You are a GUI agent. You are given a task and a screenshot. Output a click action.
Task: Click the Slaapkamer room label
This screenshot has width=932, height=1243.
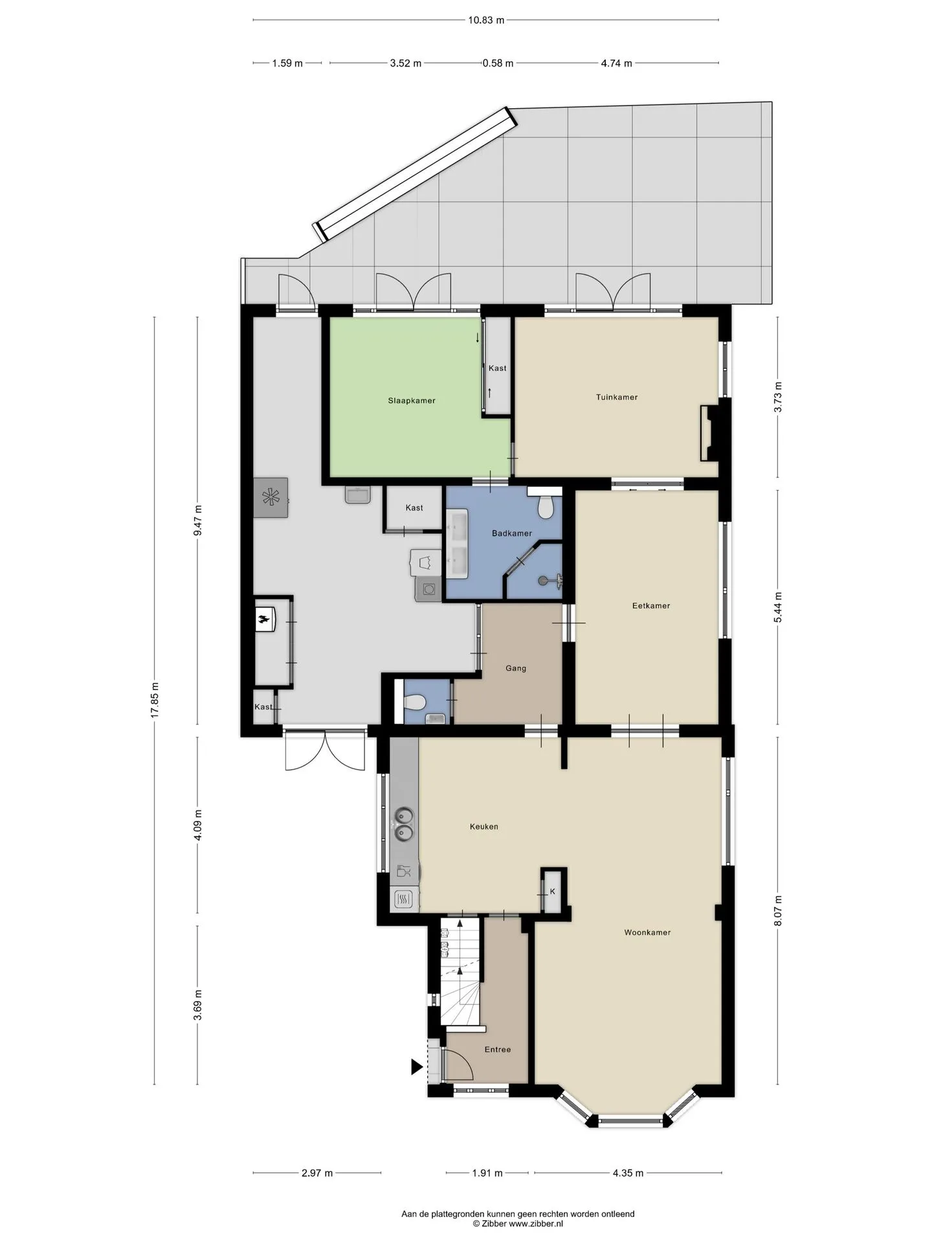(412, 401)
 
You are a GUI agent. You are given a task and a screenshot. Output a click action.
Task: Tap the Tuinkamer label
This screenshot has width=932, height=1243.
(617, 398)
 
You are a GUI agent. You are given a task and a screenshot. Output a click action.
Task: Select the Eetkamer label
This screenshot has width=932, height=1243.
(651, 606)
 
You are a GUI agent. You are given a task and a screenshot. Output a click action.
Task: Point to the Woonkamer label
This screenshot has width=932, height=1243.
(647, 933)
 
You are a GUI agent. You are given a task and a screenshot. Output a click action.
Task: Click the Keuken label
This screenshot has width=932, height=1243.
(484, 827)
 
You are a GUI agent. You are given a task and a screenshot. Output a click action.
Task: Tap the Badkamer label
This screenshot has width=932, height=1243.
(512, 533)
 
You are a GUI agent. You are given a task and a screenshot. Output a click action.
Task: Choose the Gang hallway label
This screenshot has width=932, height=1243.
(516, 668)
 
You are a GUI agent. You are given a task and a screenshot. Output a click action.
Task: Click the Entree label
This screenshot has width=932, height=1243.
(498, 1049)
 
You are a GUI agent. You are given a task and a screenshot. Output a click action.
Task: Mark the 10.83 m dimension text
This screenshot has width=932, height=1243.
(486, 20)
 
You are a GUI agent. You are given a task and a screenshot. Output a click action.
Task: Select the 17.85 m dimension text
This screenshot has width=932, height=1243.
(155, 700)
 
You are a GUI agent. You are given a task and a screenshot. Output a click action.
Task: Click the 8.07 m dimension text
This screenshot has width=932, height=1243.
(779, 910)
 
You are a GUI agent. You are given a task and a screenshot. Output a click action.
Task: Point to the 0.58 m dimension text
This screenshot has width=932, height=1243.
(498, 63)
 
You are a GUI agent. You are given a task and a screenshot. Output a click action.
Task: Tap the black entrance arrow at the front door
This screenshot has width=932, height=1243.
(417, 1066)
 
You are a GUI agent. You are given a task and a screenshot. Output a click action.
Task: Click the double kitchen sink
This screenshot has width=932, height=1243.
(405, 823)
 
